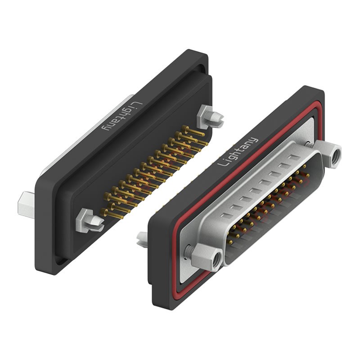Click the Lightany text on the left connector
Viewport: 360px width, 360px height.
click(121, 117)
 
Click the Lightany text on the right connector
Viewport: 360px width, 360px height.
click(238, 152)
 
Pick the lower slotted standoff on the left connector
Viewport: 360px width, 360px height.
click(90, 221)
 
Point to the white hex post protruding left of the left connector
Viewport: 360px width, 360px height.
click(26, 205)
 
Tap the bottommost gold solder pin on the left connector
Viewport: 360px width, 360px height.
click(112, 214)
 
